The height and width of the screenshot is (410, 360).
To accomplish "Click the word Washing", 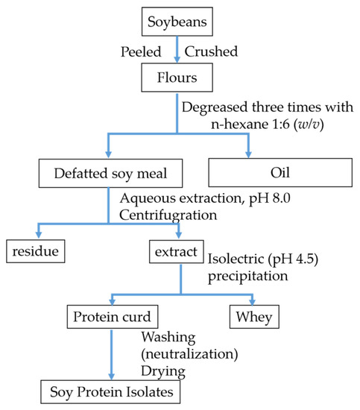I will coord(165,337).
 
